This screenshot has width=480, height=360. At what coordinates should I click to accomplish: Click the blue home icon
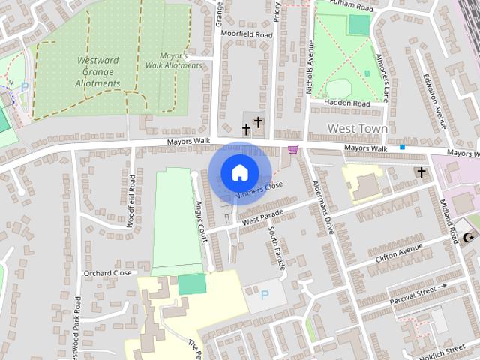click(x=239, y=172)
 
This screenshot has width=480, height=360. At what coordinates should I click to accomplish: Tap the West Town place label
click(x=358, y=129)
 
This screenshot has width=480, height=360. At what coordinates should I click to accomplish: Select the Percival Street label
click(x=412, y=294)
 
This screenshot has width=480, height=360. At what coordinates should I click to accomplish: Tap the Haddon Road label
click(x=347, y=103)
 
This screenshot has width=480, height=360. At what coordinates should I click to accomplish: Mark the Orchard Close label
click(x=107, y=273)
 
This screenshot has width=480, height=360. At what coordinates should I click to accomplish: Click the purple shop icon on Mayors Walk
click(x=292, y=150)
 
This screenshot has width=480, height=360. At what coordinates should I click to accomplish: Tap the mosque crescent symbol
click(x=470, y=238)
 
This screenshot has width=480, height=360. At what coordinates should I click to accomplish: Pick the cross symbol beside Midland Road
click(x=421, y=173)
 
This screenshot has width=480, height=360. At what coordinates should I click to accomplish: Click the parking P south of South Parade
click(x=265, y=295)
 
